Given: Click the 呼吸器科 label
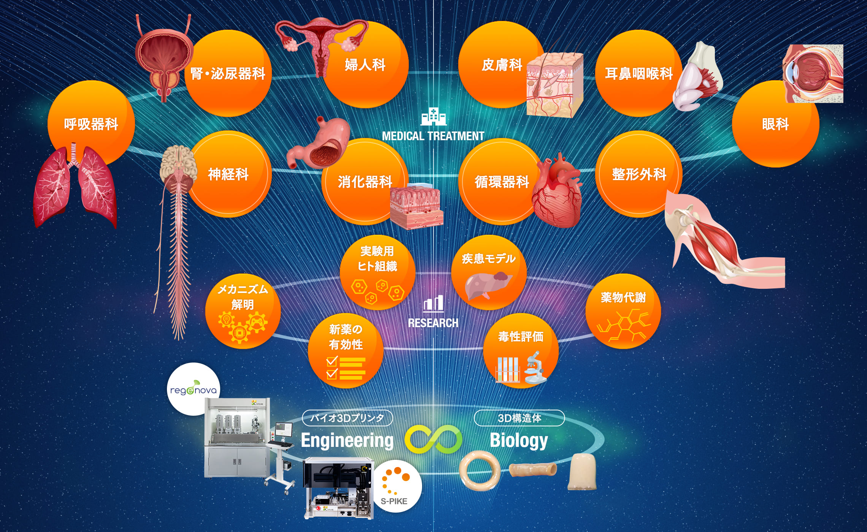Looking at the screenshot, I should [91, 124].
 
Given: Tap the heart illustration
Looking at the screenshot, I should [557, 192].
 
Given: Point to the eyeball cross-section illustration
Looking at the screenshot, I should [813, 74].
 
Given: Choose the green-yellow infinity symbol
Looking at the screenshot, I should [433, 439].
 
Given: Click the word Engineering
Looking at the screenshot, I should [347, 441].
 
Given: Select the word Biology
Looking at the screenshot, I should [519, 441].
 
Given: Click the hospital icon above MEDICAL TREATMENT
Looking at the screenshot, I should [433, 117].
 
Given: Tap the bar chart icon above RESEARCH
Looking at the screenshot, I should [433, 304].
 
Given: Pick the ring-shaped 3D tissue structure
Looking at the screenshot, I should [480, 471].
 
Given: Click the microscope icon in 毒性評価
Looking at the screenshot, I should [535, 368].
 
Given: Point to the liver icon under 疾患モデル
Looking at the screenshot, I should [488, 285].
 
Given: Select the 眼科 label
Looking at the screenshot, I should [775, 124].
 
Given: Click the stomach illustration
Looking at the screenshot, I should [319, 144].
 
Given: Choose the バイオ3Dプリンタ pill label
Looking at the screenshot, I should [347, 418].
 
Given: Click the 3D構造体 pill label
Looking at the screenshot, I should [519, 418].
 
